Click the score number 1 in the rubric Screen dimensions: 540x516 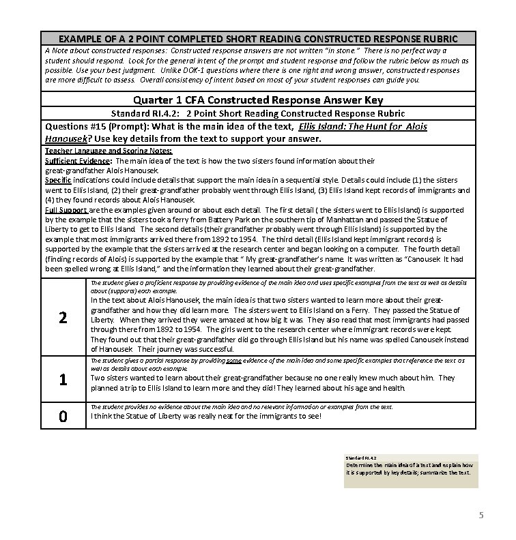pyautogui.click(x=62, y=380)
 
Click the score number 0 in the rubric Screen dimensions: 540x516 pyautogui.click(x=62, y=415)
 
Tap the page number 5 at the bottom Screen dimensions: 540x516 pyautogui.click(x=481, y=515)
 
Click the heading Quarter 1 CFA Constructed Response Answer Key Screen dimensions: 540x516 pyautogui.click(x=258, y=100)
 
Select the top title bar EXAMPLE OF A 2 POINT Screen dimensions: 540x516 pyautogui.click(x=258, y=39)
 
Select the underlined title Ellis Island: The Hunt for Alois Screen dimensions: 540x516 pyautogui.click(x=362, y=127)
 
